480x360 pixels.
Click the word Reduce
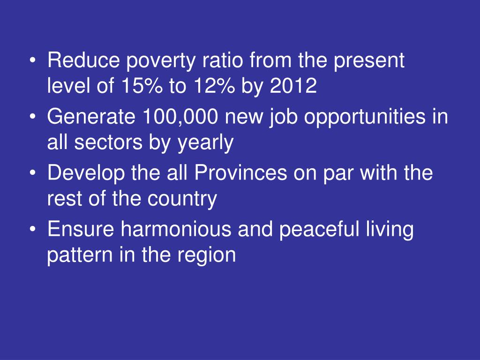click(83, 60)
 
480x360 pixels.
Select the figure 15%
click(142, 85)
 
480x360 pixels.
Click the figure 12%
click(214, 85)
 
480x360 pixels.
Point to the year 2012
click(293, 85)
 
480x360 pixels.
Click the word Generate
click(91, 117)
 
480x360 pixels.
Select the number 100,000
click(180, 117)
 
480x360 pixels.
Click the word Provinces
click(240, 173)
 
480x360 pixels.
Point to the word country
click(182, 200)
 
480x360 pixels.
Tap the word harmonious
click(176, 229)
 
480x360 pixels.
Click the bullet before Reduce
click(33, 60)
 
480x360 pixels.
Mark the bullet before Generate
click(33, 117)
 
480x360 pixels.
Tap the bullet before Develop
click(33, 173)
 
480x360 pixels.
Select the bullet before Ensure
click(33, 230)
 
